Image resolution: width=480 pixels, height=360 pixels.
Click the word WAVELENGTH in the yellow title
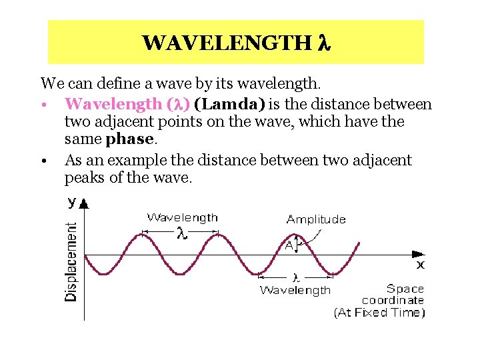tap(225, 43)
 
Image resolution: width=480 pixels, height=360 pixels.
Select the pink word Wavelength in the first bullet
tap(113, 104)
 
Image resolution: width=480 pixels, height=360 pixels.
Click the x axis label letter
tap(421, 265)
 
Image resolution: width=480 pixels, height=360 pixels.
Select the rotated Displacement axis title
tap(71, 261)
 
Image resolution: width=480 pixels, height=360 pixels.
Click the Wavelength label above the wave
tap(182, 217)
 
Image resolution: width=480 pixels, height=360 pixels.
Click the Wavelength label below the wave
tap(295, 289)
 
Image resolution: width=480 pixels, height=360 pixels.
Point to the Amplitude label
tap(316, 219)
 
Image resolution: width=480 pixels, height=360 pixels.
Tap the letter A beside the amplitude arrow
tap(289, 245)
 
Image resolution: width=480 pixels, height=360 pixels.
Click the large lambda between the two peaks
tap(181, 233)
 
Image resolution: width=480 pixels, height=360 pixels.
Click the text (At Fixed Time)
tap(379, 312)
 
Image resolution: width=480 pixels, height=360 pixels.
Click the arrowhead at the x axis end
tap(418, 254)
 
